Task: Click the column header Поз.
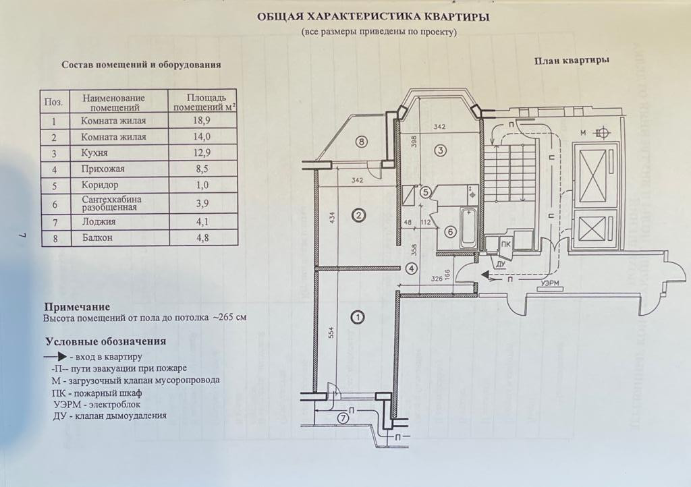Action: pyautogui.click(x=53, y=103)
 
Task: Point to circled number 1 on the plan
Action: pyautogui.click(x=358, y=316)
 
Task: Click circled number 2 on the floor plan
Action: pyautogui.click(x=359, y=215)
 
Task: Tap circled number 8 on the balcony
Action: pyautogui.click(x=362, y=142)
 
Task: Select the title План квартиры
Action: pyautogui.click(x=572, y=59)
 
